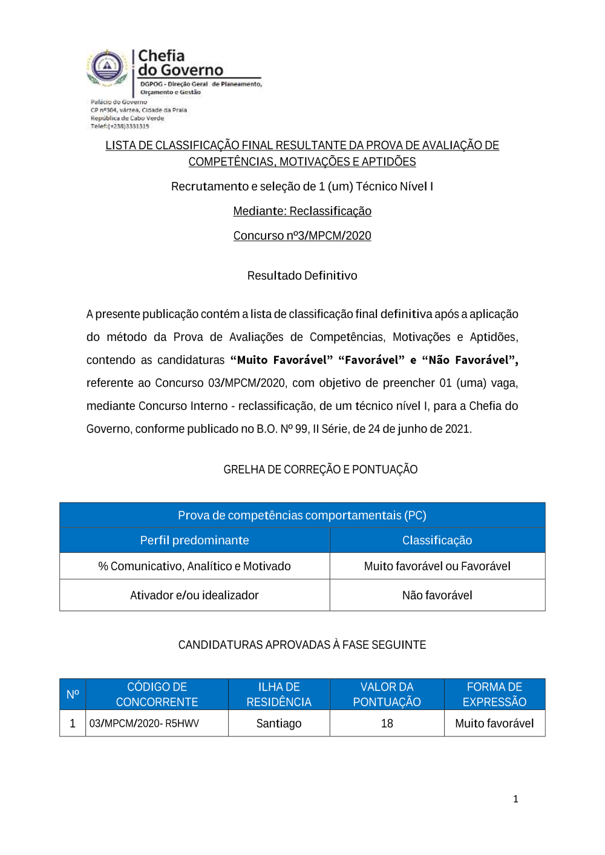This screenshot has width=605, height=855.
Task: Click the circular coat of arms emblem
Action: click(x=107, y=67)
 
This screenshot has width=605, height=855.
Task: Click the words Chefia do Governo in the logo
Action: click(x=180, y=63)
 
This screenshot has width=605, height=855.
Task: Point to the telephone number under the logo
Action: click(x=120, y=126)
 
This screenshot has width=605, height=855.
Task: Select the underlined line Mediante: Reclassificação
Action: click(x=302, y=211)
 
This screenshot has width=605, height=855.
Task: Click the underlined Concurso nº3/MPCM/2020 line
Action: click(x=302, y=236)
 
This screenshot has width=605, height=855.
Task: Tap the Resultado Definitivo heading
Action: click(x=302, y=276)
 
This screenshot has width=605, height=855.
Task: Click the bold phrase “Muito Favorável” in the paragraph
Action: click(x=281, y=360)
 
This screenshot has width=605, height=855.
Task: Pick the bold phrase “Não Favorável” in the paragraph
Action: click(x=469, y=360)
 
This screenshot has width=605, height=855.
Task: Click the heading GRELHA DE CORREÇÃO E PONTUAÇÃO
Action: click(x=320, y=470)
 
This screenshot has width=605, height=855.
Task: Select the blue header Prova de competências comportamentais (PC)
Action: click(x=302, y=516)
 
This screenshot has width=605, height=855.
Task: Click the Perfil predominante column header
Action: click(x=194, y=541)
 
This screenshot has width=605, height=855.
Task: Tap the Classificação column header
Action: click(x=437, y=541)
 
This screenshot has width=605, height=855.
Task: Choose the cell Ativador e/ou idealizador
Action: click(x=194, y=596)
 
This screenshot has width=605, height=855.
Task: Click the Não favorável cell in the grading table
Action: click(x=437, y=596)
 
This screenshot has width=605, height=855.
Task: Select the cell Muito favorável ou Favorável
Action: click(x=437, y=567)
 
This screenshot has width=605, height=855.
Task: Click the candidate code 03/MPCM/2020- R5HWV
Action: click(x=144, y=724)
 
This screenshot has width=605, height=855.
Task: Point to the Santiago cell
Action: click(x=278, y=724)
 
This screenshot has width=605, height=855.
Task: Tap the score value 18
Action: click(x=387, y=724)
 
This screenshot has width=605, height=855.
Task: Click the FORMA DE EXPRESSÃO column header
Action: click(x=494, y=695)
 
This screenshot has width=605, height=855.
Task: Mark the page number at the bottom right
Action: click(x=515, y=799)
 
